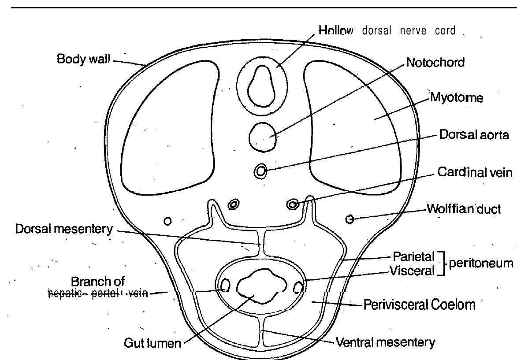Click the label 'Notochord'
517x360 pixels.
(x=435, y=63)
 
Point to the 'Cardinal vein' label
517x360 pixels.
(x=475, y=172)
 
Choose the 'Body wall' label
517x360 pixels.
(x=83, y=59)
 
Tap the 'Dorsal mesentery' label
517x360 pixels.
(x=64, y=229)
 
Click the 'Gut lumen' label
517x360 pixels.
(x=152, y=343)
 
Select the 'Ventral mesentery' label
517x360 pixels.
(x=385, y=342)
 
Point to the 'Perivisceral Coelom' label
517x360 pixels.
(x=419, y=304)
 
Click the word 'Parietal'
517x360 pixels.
(x=414, y=256)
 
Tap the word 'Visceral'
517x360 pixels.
(x=413, y=271)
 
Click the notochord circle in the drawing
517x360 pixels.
(x=263, y=137)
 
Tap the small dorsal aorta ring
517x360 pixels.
(x=260, y=171)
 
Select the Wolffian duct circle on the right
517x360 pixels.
(x=350, y=219)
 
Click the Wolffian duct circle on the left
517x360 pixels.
(x=167, y=221)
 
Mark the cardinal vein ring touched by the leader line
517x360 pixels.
(x=292, y=204)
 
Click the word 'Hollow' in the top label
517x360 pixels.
(x=336, y=31)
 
